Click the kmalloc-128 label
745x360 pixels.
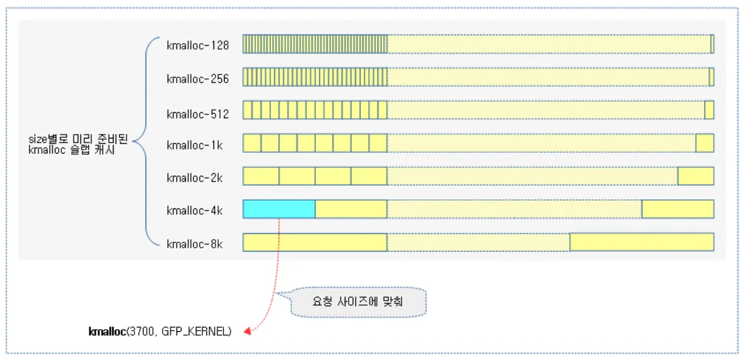coord(197,46)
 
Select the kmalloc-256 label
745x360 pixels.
coord(197,79)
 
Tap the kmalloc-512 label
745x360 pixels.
coord(197,114)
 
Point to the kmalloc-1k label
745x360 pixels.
coord(194,145)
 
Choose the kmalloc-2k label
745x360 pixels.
coord(194,177)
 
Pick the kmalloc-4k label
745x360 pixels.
coord(194,210)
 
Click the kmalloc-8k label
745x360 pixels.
coord(194,244)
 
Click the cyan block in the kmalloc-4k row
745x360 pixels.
coord(279,209)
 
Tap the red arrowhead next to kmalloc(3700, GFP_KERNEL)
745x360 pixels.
coord(247,332)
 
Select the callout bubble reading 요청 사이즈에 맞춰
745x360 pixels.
coord(358,303)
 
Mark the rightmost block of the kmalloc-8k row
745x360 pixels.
coord(641,242)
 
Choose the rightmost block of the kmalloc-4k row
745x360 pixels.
coord(677,209)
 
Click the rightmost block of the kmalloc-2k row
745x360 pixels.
coord(695,176)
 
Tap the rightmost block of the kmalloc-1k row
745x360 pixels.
coord(705,143)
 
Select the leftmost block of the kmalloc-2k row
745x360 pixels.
coord(261,176)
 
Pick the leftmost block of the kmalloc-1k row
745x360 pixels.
coord(252,143)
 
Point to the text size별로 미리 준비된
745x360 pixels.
coord(78,139)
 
